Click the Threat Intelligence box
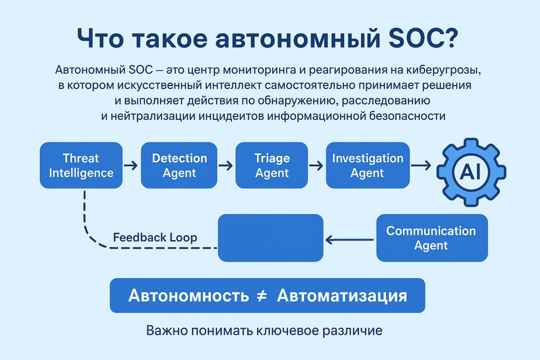(x=81, y=165)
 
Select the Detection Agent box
(x=180, y=165)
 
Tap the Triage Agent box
(x=272, y=165)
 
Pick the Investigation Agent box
(x=368, y=165)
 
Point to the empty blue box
(x=270, y=238)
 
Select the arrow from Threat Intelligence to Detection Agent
(x=131, y=166)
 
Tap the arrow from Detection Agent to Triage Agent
(x=225, y=166)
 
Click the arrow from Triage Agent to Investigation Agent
(x=316, y=166)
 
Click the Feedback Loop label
(x=155, y=237)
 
